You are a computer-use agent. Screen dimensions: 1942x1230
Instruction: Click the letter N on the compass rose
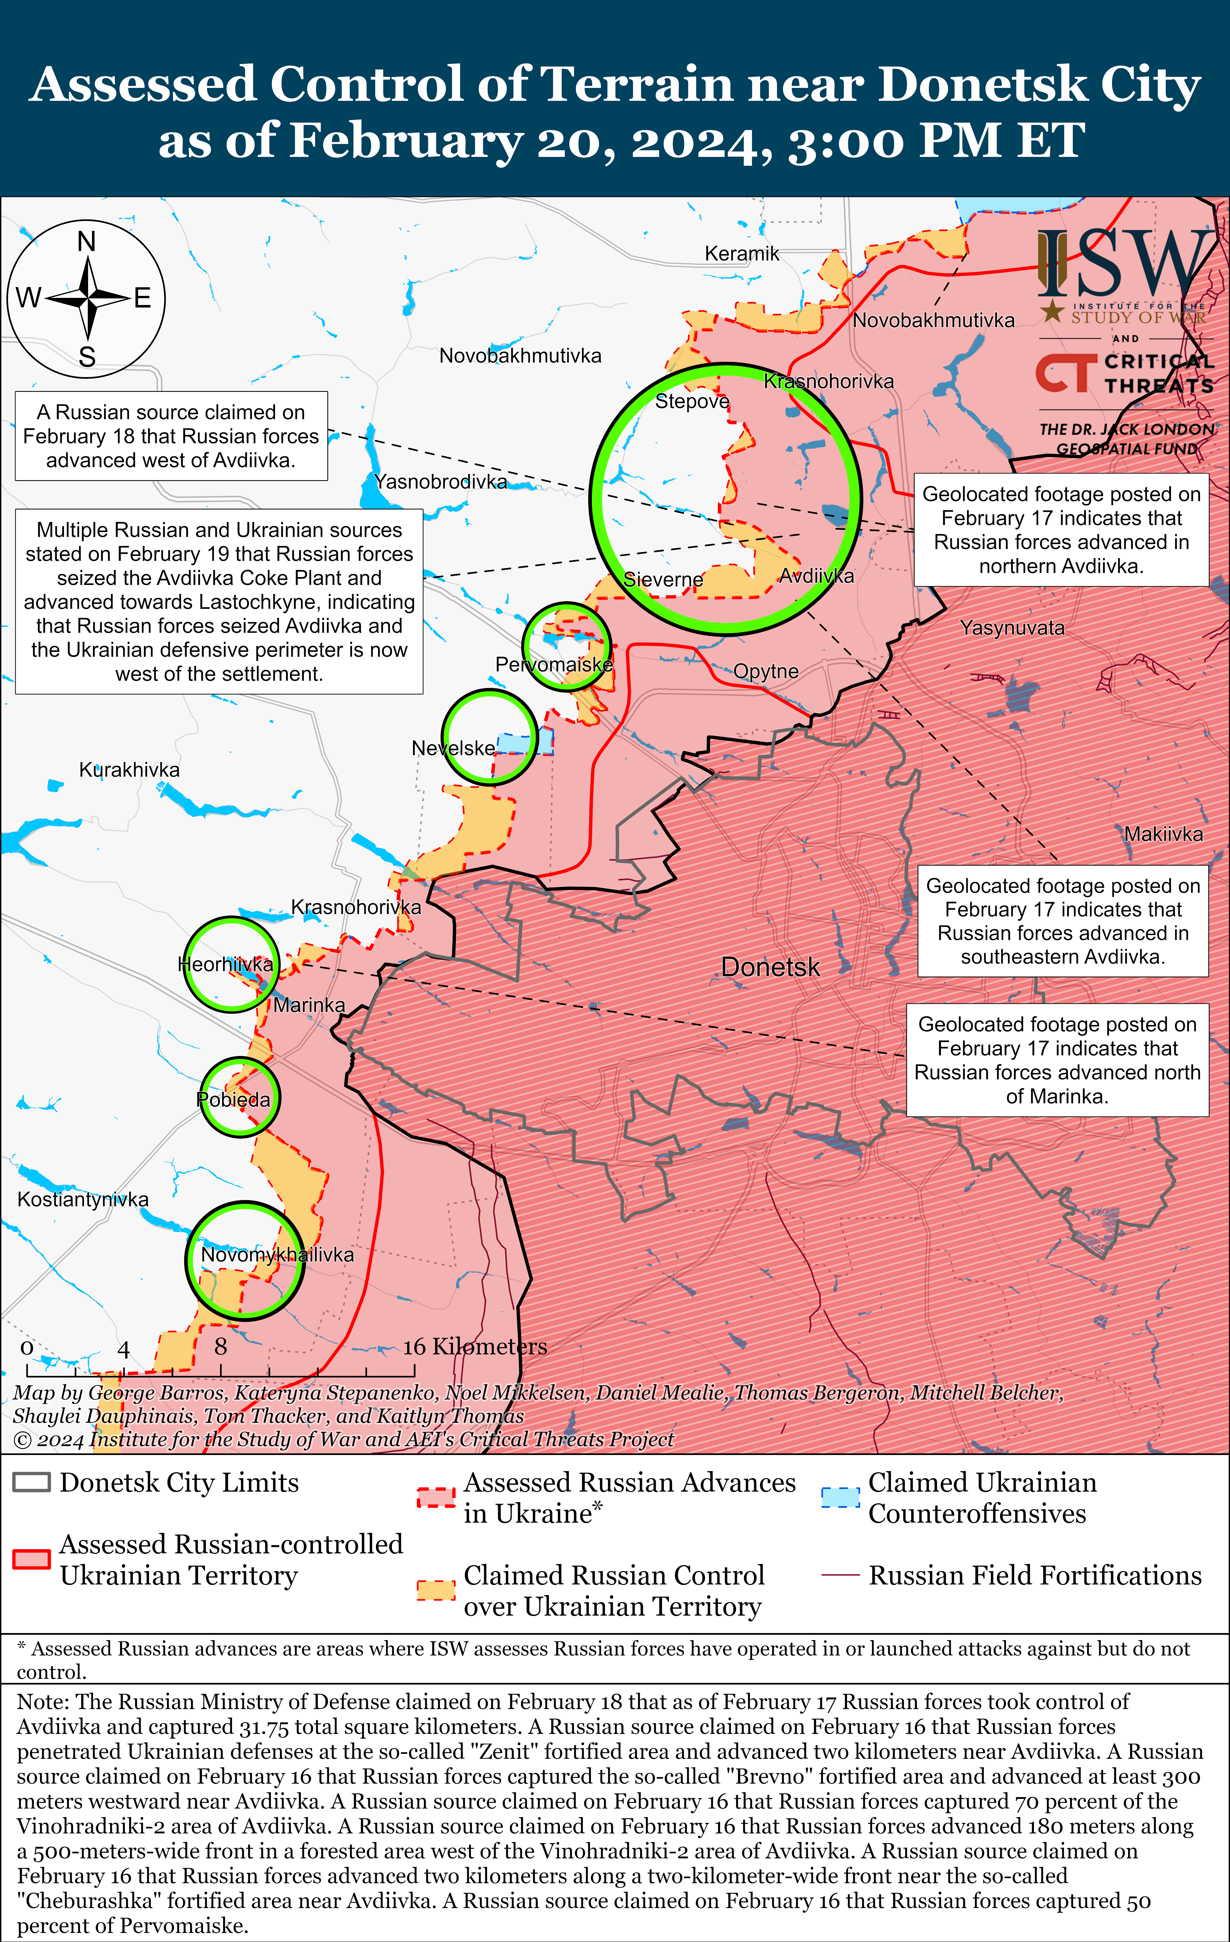(x=86, y=241)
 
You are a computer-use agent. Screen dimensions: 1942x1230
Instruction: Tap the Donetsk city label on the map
(x=770, y=967)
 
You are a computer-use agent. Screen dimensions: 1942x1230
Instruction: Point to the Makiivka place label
(x=1163, y=834)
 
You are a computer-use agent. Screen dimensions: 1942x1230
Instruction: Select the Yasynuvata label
(x=1012, y=627)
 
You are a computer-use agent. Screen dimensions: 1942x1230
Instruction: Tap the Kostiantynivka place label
(x=83, y=1199)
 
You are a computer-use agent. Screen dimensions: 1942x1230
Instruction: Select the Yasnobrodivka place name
(x=441, y=481)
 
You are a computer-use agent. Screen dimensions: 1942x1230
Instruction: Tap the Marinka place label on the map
(x=309, y=1005)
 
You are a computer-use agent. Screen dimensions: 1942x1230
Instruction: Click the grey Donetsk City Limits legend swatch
(x=32, y=1482)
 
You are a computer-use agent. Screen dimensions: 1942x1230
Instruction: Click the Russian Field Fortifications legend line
(x=840, y=1575)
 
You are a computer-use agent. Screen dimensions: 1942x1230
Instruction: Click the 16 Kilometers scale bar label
(x=475, y=1346)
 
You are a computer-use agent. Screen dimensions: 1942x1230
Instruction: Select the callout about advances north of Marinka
(x=1057, y=1060)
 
